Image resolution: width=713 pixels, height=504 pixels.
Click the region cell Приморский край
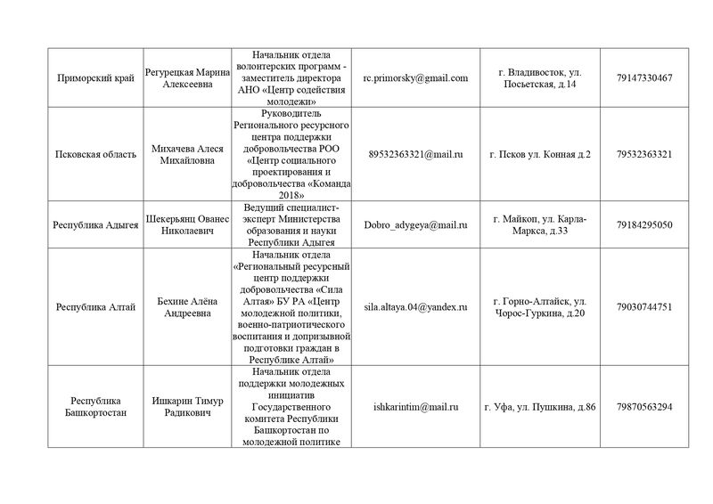pyautogui.click(x=94, y=77)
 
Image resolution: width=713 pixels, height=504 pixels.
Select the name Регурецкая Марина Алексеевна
pyautogui.click(x=186, y=77)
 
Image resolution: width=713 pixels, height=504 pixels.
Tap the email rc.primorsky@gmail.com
pyautogui.click(x=415, y=77)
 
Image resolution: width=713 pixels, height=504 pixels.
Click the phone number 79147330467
pyautogui.click(x=643, y=77)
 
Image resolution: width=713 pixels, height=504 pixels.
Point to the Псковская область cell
pyautogui.click(x=94, y=154)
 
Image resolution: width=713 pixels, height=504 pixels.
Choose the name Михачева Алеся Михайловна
pyautogui.click(x=186, y=154)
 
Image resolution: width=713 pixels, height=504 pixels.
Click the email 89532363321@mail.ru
pyautogui.click(x=415, y=154)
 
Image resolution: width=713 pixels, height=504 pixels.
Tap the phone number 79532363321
pyautogui.click(x=643, y=154)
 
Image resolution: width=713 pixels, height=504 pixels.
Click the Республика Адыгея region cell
pyautogui.click(x=94, y=225)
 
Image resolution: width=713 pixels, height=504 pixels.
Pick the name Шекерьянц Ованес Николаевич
pyautogui.click(x=186, y=225)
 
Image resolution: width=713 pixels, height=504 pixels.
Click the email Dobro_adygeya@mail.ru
pyautogui.click(x=415, y=225)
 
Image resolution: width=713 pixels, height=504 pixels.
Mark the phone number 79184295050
pyautogui.click(x=643, y=225)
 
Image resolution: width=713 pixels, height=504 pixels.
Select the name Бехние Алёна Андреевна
pyautogui.click(x=186, y=307)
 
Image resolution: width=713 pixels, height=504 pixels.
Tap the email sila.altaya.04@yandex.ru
pyautogui.click(x=415, y=307)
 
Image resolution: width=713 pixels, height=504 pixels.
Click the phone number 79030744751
pyautogui.click(x=643, y=307)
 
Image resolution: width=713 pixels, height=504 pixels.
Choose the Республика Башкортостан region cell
pyautogui.click(x=94, y=407)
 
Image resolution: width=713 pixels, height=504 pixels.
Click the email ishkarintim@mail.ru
pyautogui.click(x=415, y=407)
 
